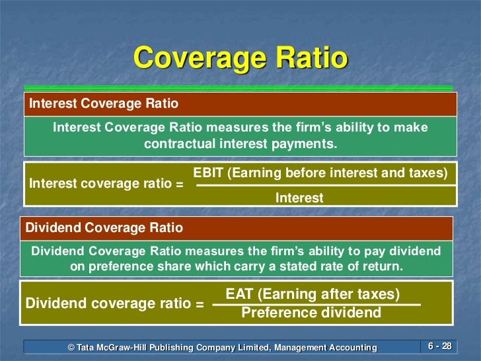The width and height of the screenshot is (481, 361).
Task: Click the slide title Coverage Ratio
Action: [240, 58]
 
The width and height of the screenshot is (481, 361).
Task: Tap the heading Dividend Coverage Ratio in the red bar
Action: [104, 228]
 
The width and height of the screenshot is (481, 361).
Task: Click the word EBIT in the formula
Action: [209, 173]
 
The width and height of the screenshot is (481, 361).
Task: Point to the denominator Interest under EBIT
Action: [299, 197]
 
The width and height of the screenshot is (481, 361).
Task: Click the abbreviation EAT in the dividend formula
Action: [240, 294]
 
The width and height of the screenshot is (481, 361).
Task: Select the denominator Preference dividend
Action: [311, 312]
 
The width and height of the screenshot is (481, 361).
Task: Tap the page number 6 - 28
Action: [439, 346]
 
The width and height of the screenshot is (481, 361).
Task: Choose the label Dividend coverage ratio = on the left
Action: [114, 304]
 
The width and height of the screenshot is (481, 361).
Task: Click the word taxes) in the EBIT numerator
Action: [429, 173]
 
